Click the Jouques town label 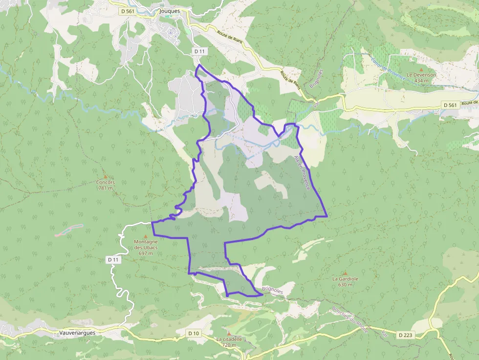coord(170,10)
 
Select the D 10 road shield coord(194,333)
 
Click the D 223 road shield coord(405,335)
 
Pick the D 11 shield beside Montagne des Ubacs coord(113,260)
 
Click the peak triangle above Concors coord(105,177)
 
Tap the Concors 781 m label coord(105,185)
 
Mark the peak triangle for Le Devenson coord(421,70)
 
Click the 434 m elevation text coord(421,81)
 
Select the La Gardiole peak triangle coord(346,273)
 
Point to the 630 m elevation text coord(346,284)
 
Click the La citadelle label coord(229,339)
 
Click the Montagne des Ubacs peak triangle coord(145,236)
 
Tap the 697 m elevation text coord(145,253)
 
